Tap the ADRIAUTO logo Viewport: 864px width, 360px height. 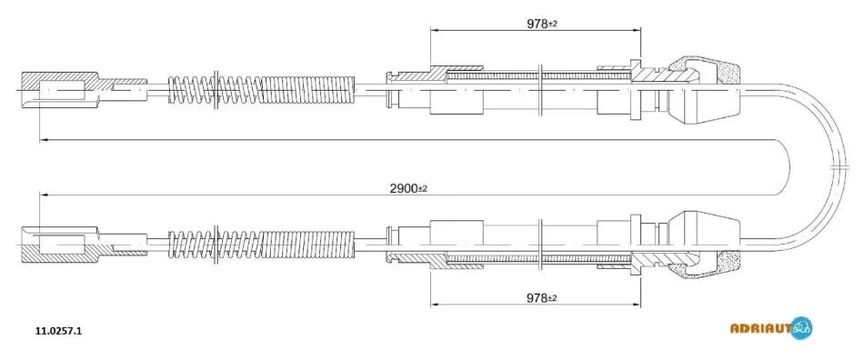point(771,328)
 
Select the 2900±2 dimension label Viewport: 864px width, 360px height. point(408,188)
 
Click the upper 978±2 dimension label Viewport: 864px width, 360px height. point(542,24)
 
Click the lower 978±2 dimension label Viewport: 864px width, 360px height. point(542,298)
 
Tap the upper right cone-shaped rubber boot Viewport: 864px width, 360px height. point(703,91)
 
